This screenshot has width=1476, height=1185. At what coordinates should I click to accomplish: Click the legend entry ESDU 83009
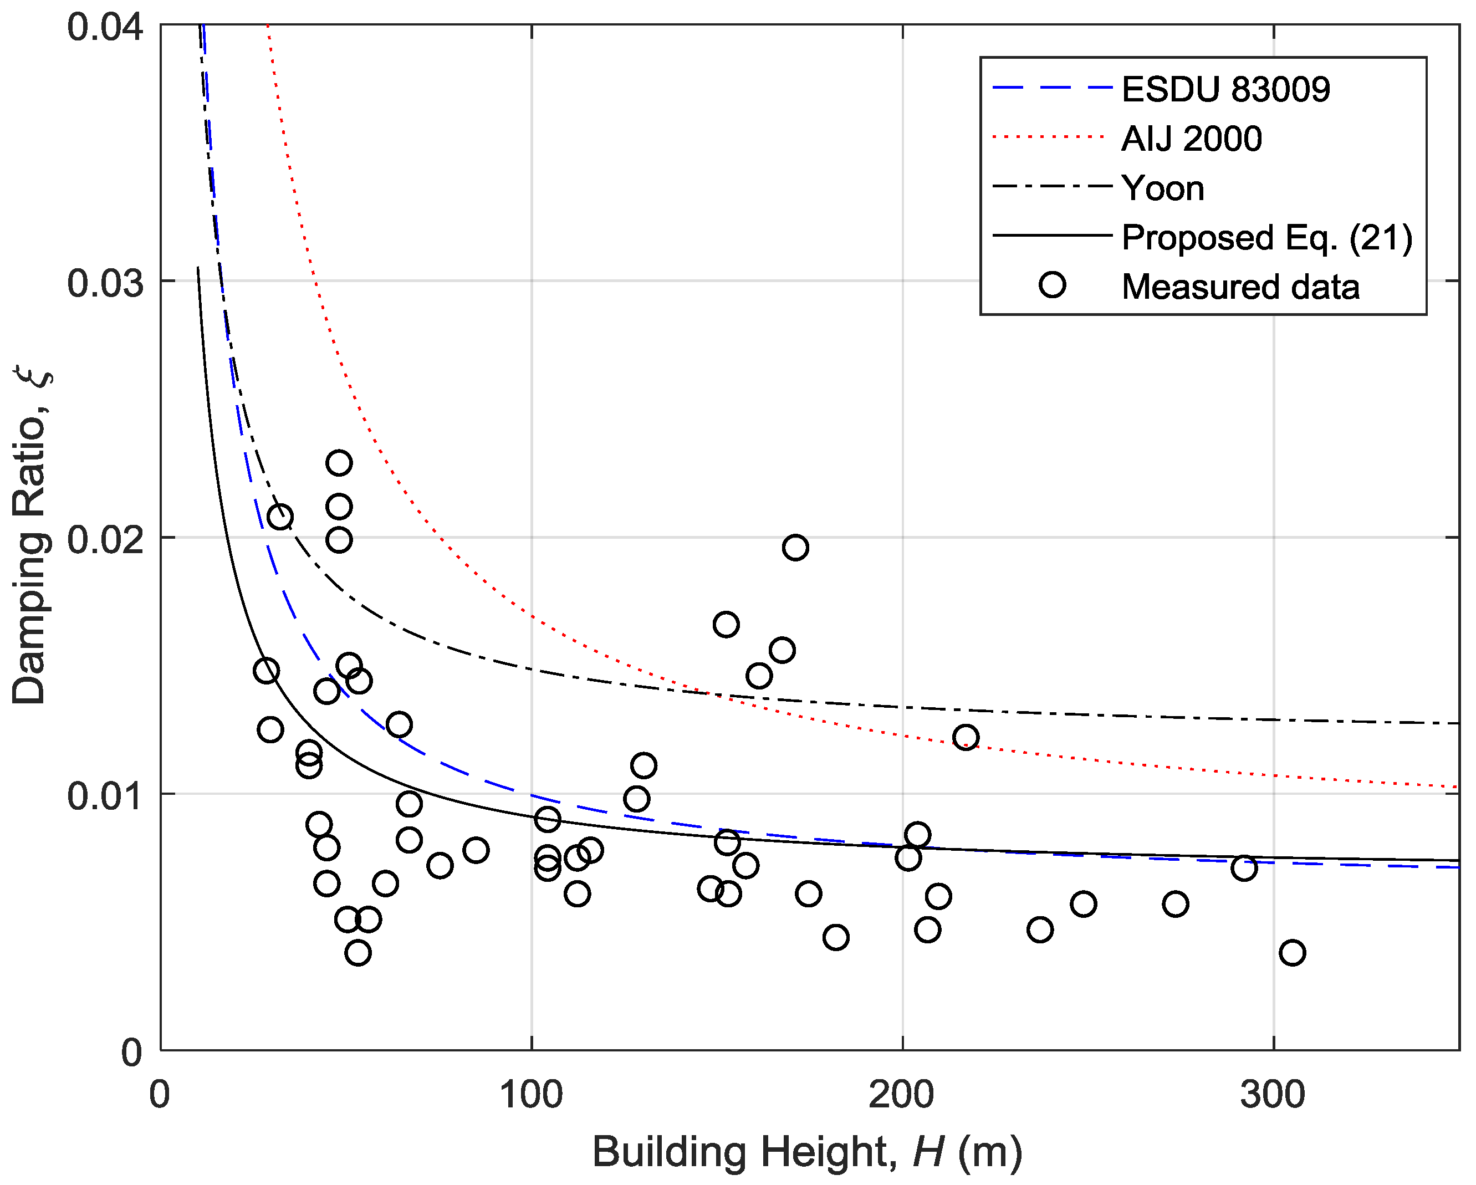(x=1225, y=90)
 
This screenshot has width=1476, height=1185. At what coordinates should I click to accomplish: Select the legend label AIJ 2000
(x=1192, y=139)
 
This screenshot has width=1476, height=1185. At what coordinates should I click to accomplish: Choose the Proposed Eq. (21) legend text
(x=1267, y=238)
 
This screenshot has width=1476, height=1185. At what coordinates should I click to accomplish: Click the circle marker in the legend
(x=1052, y=285)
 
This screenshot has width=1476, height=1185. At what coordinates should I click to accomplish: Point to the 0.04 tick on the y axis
(x=105, y=27)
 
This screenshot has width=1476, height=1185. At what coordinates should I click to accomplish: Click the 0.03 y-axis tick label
(x=105, y=283)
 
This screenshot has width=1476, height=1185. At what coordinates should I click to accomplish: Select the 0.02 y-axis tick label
(x=105, y=539)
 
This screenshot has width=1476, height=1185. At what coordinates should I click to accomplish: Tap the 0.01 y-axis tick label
(x=105, y=796)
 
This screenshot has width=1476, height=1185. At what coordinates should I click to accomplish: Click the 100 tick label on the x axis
(x=531, y=1095)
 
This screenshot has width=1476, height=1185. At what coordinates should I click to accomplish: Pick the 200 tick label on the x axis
(x=902, y=1095)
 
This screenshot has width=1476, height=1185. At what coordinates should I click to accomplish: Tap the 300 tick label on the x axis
(x=1273, y=1095)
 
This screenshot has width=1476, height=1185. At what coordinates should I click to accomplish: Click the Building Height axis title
(x=807, y=1152)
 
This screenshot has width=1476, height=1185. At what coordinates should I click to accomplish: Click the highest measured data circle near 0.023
(x=339, y=463)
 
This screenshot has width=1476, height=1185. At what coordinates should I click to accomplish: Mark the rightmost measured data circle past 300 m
(x=1292, y=953)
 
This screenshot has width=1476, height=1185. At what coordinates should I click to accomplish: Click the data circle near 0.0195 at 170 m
(x=795, y=548)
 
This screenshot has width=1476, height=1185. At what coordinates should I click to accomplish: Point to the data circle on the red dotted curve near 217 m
(x=966, y=737)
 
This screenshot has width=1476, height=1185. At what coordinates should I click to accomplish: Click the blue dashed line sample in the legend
(x=1052, y=88)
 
